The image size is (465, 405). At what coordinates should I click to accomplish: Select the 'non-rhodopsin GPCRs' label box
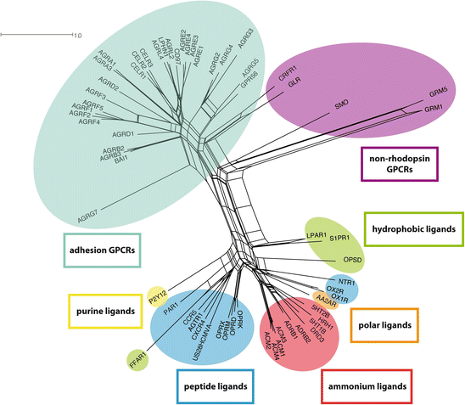(398, 163)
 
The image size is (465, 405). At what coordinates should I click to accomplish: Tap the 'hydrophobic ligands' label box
(413, 228)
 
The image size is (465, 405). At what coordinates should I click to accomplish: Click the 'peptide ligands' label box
(216, 385)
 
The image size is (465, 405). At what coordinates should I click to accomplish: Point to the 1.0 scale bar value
(76, 36)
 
